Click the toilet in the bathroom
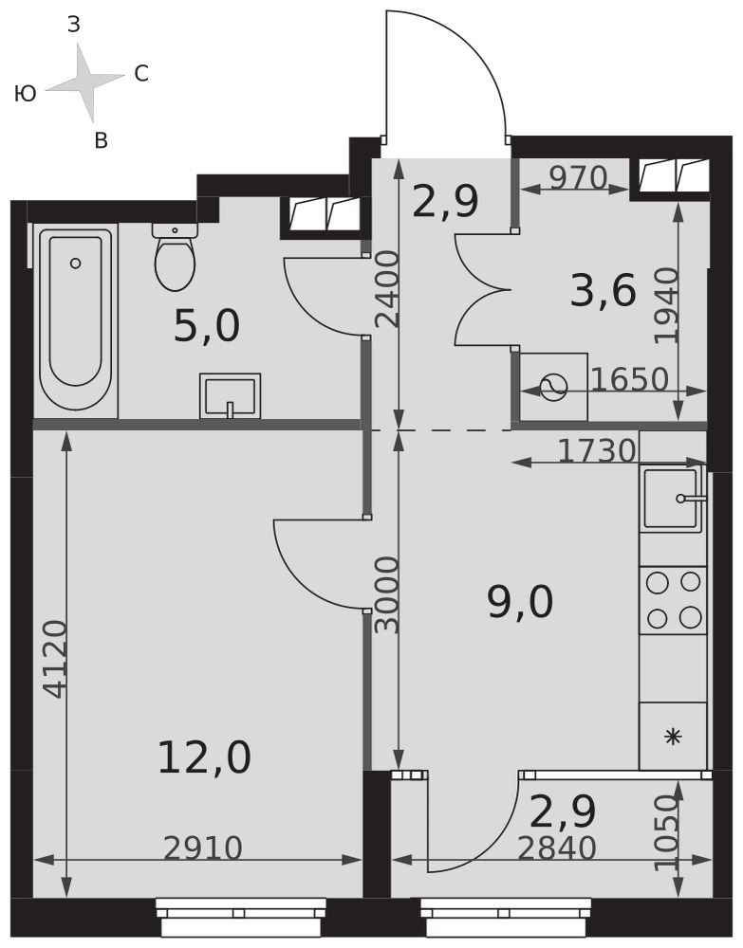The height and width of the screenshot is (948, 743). (175, 257)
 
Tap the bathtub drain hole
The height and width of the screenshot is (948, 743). (76, 263)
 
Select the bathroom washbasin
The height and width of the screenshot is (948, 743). (230, 396)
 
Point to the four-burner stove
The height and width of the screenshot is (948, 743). (673, 600)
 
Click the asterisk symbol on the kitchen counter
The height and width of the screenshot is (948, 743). (673, 737)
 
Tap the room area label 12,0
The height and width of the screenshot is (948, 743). (204, 758)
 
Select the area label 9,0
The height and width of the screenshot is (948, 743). (520, 603)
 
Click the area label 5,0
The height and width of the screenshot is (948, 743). (207, 326)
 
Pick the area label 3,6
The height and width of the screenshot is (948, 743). (604, 291)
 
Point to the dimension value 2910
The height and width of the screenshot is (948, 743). (203, 848)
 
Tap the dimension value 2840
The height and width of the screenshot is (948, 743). (557, 848)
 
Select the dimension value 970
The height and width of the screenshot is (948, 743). (578, 178)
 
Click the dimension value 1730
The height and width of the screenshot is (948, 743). (597, 450)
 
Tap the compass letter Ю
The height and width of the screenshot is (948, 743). (26, 94)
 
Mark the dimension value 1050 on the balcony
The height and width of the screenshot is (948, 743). (666, 832)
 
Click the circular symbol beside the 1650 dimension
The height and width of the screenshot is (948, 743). (553, 387)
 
